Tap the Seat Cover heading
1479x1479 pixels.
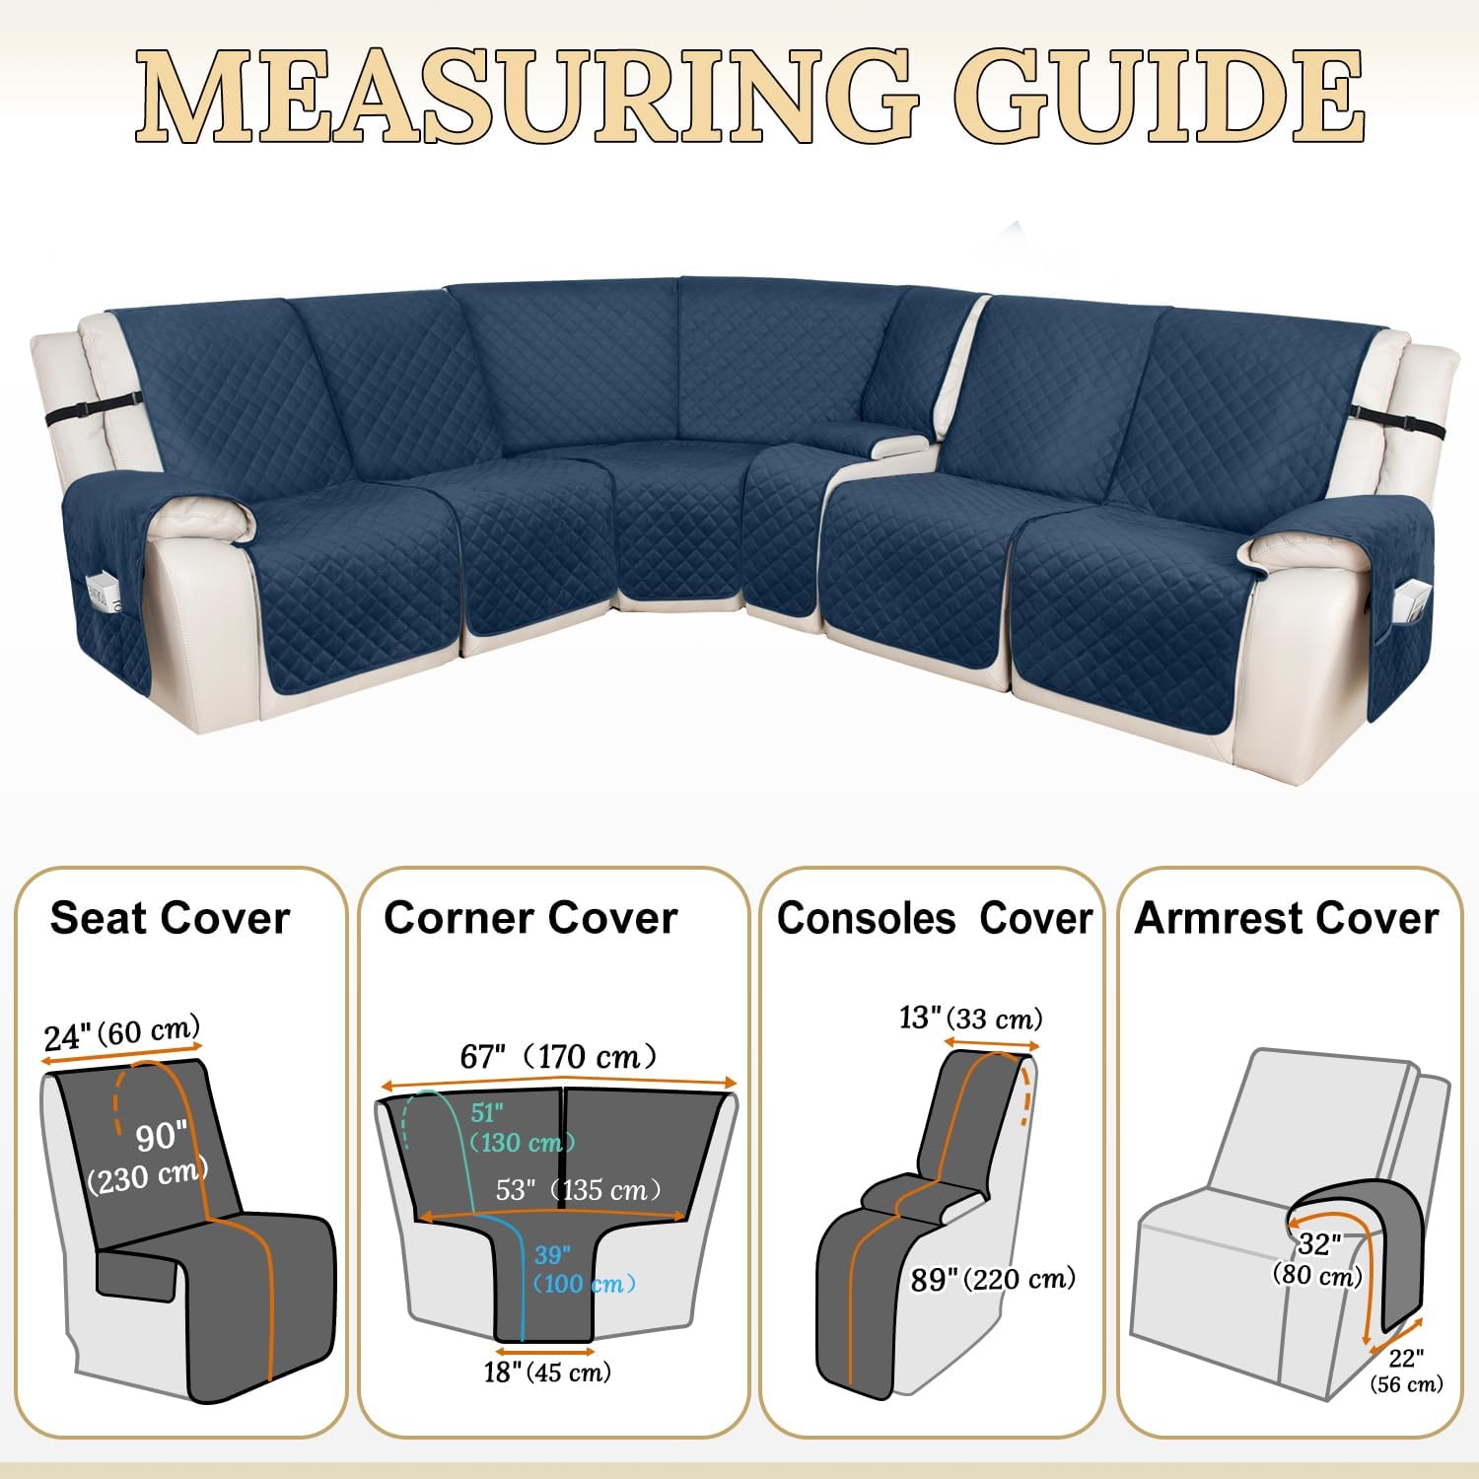pyautogui.click(x=170, y=917)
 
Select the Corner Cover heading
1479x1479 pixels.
pyautogui.click(x=530, y=917)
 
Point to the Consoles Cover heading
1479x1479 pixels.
pyautogui.click(x=935, y=917)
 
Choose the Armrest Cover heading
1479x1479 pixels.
pyautogui.click(x=1287, y=917)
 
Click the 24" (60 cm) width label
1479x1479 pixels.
pyautogui.click(x=122, y=1032)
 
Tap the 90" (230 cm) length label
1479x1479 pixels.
pyautogui.click(x=148, y=1157)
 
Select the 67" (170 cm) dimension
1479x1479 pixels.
pyautogui.click(x=558, y=1056)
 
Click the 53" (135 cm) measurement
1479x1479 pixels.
pyautogui.click(x=578, y=1189)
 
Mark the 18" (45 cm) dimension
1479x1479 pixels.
pyautogui.click(x=547, y=1372)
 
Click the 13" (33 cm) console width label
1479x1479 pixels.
pyautogui.click(x=970, y=1017)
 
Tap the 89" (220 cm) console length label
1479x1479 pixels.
pyautogui.click(x=993, y=1279)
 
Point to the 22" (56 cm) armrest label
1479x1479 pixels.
pyautogui.click(x=1406, y=1371)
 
